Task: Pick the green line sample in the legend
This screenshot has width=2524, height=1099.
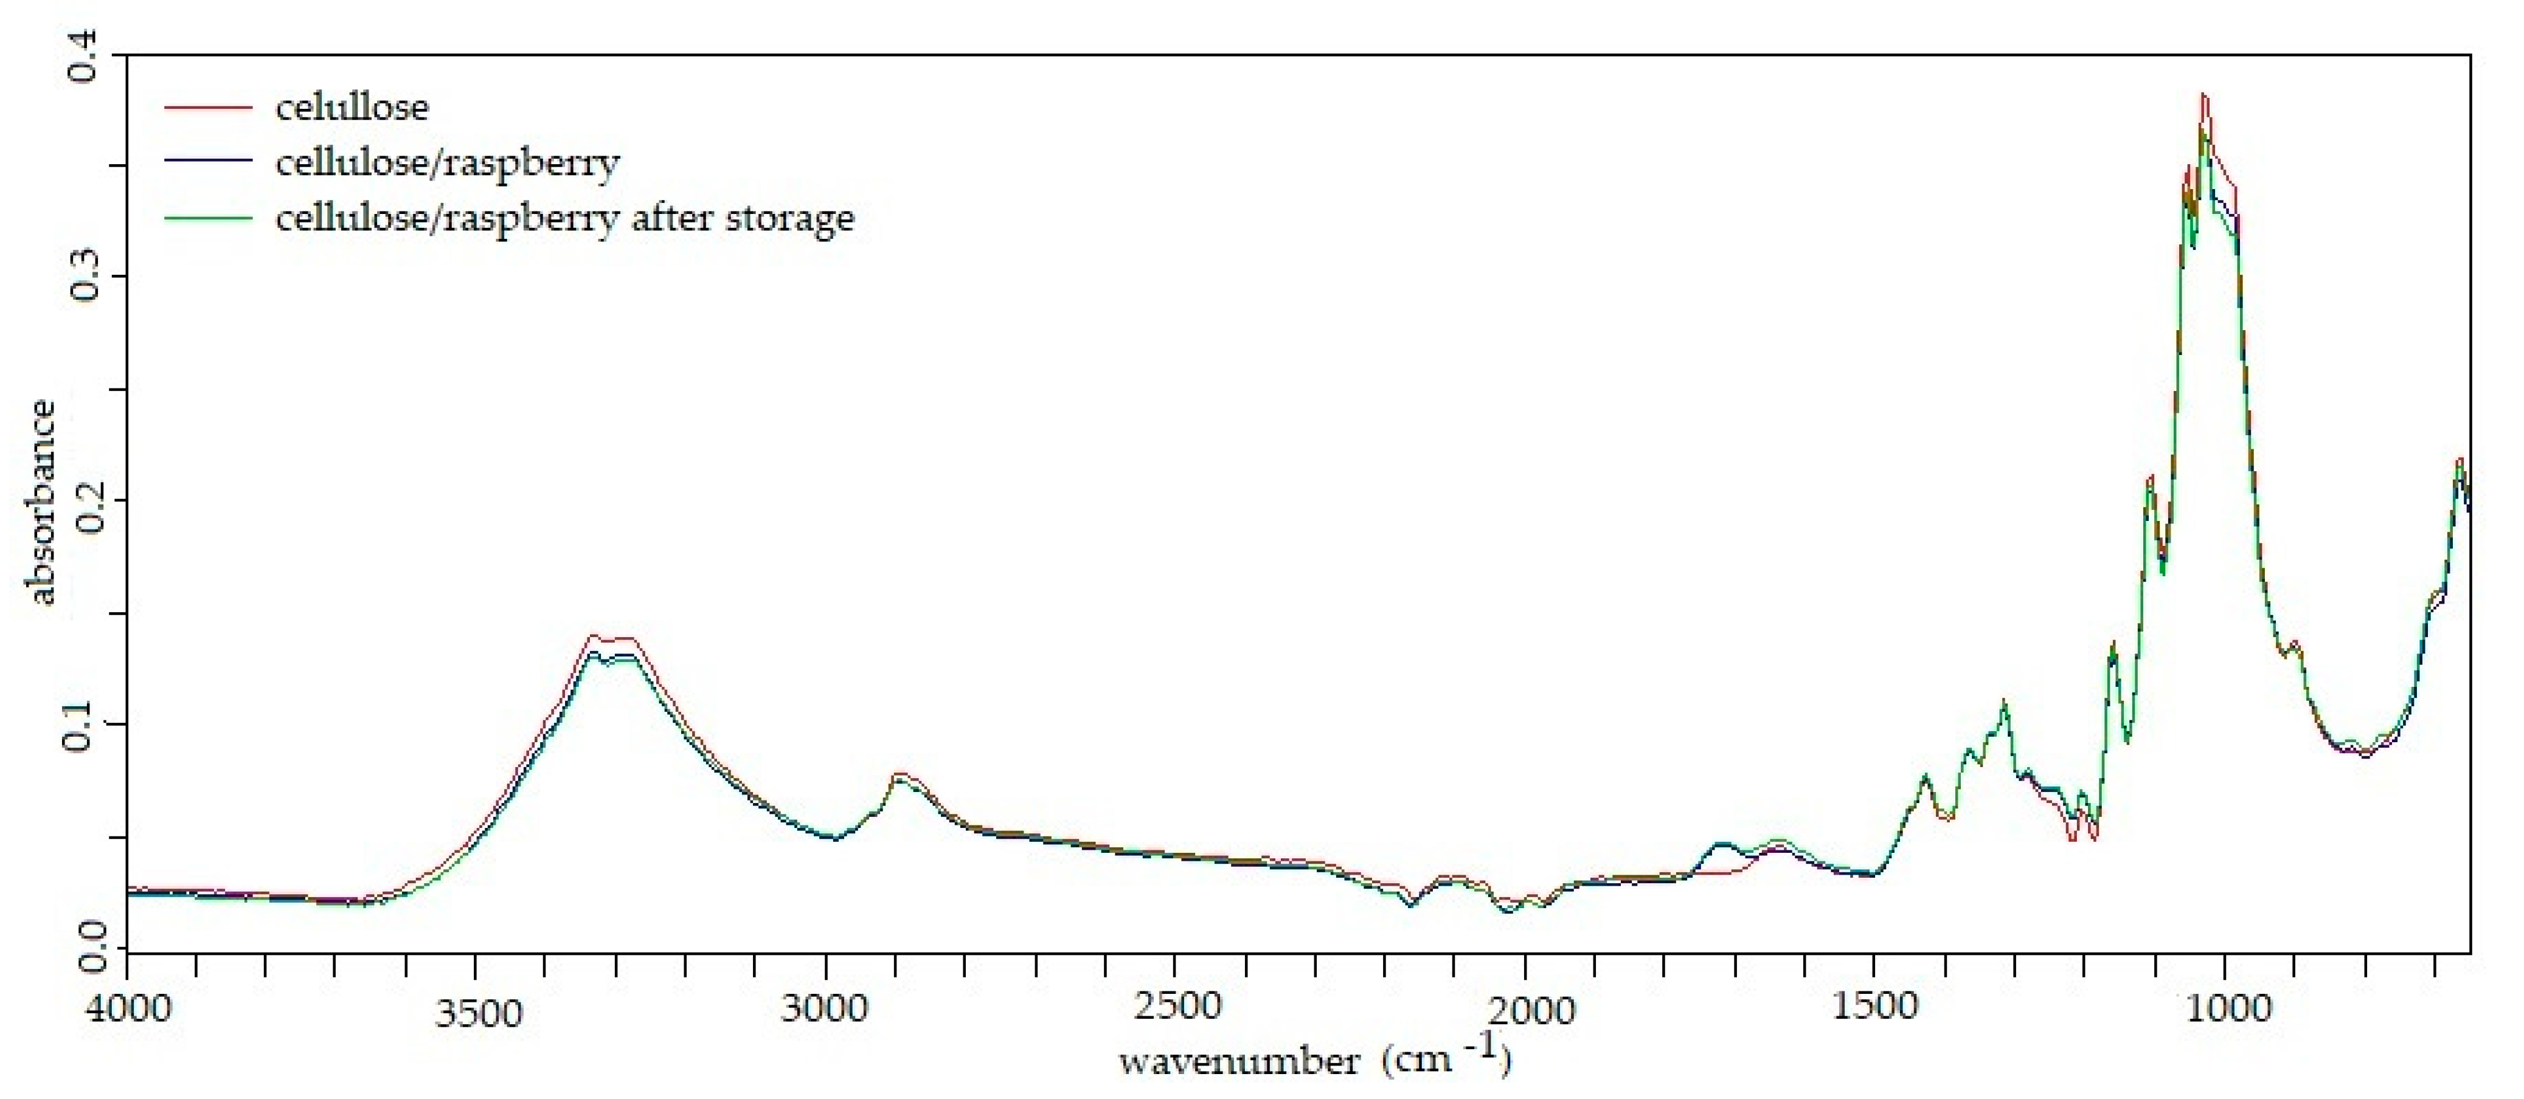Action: point(208,218)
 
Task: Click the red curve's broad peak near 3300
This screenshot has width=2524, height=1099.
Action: point(593,636)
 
